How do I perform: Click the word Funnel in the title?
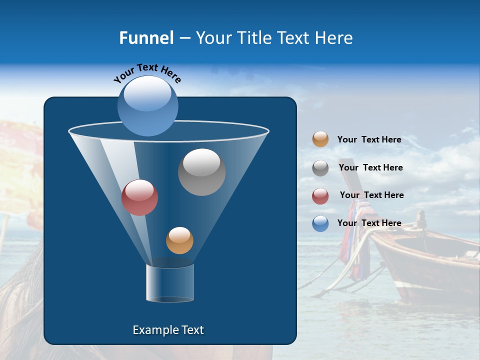pos(146,38)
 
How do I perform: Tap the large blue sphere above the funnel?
pos(147,106)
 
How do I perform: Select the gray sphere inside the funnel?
pos(201,172)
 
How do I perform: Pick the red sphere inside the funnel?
pos(139,197)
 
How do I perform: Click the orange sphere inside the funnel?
pos(179,240)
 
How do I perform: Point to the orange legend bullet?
pos(320,139)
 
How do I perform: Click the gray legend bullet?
pos(320,168)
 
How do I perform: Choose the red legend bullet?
pos(320,196)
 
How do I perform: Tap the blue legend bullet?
pos(320,223)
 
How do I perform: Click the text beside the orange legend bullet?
pos(369,139)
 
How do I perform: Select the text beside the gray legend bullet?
pos(370,167)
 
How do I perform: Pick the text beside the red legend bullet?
pos(371,195)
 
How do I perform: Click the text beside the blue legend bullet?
pos(369,223)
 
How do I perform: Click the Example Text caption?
pos(168,330)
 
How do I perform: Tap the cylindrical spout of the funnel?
pos(170,283)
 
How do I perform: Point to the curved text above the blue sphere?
pos(147,73)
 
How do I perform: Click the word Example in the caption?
pos(154,330)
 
